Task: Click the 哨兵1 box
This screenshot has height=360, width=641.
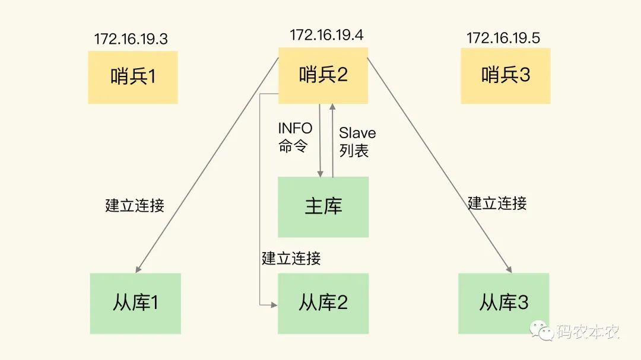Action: tap(133, 77)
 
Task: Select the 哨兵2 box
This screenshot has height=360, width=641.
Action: tap(323, 75)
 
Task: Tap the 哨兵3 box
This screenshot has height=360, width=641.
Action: tap(506, 75)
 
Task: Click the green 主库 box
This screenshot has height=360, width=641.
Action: tap(323, 206)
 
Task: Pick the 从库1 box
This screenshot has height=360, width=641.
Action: tap(135, 303)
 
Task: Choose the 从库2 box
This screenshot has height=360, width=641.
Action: tap(323, 303)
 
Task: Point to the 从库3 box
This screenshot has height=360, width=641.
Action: tap(504, 303)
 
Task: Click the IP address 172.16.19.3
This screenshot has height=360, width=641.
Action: tap(131, 39)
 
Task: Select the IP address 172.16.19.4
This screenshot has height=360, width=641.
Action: tap(326, 35)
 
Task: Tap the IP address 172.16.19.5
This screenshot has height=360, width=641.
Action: tap(503, 39)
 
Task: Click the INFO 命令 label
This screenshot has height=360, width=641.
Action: tap(295, 138)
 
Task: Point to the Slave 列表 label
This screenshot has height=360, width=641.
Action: tap(357, 142)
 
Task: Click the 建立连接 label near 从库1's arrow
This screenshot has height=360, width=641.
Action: tap(135, 206)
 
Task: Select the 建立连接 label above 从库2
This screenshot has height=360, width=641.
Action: tap(291, 258)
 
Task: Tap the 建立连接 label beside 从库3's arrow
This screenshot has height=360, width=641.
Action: tap(497, 203)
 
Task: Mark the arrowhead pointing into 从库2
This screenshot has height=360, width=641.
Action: tap(274, 304)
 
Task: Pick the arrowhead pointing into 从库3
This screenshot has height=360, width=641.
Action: tap(509, 269)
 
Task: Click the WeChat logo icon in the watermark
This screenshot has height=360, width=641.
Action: tap(541, 331)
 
